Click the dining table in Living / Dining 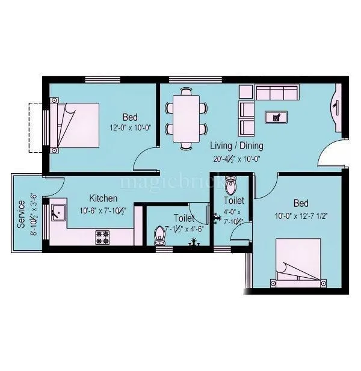(x=187, y=118)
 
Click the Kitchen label (x=103, y=198)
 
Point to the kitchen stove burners (x=103, y=237)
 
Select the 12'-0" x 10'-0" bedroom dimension (x=129, y=128)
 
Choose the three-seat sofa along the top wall (x=277, y=92)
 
